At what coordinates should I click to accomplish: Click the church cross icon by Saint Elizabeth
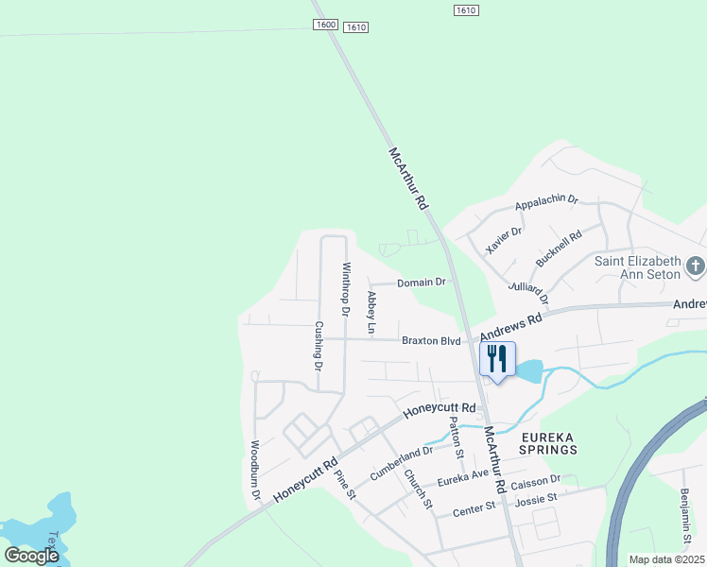tap(696, 266)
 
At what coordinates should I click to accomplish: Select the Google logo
tap(32, 556)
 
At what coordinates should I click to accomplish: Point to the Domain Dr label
tap(421, 282)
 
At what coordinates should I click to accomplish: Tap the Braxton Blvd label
tap(430, 340)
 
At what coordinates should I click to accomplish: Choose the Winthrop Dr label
tap(346, 288)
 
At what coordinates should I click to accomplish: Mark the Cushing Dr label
tap(319, 345)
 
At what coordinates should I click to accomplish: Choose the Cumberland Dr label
tap(401, 462)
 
